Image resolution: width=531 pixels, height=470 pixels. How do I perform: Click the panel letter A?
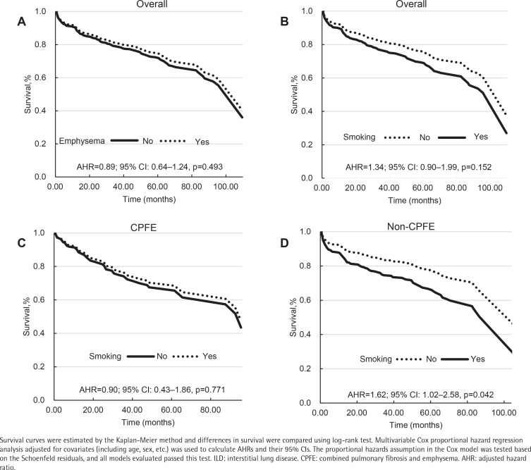[x=21, y=22]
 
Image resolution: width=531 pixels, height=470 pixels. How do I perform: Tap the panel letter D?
[x=284, y=243]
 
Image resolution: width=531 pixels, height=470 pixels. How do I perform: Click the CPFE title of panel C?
[x=144, y=228]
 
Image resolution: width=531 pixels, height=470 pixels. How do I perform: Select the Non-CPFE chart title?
[x=411, y=226]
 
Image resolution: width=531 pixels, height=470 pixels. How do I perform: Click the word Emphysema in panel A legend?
[x=82, y=141]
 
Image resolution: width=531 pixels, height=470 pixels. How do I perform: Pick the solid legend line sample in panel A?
[x=124, y=140]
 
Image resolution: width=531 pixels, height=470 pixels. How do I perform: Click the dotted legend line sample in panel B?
[x=397, y=137]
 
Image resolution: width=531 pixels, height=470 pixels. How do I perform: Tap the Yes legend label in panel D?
[x=477, y=359]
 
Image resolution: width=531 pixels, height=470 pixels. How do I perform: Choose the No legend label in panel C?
[x=162, y=356]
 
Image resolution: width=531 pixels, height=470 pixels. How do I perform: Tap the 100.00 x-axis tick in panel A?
[x=226, y=187]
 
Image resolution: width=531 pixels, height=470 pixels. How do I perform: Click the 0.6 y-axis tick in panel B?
[x=307, y=78]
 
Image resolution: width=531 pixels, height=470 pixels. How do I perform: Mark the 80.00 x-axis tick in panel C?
[x=210, y=410]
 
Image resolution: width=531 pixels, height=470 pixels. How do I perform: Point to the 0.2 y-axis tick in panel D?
[x=305, y=369]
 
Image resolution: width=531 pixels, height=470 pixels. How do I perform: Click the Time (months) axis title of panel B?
[x=415, y=201]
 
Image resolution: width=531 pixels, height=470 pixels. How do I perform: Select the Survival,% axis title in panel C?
[x=27, y=316]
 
